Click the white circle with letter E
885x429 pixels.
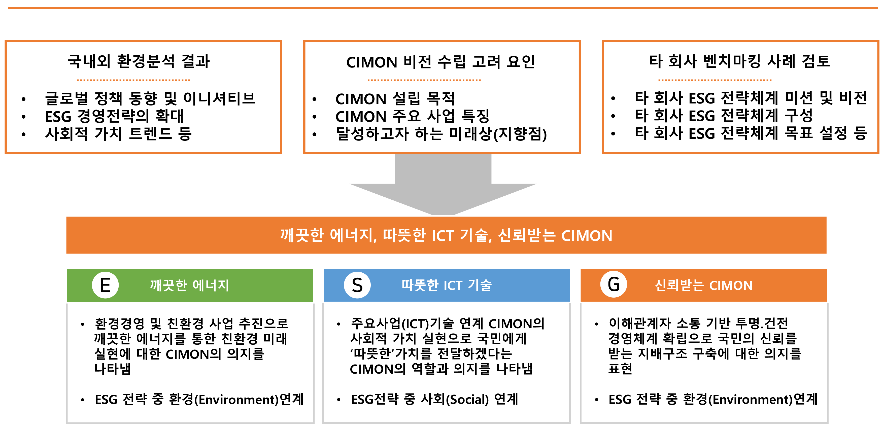point(105,285)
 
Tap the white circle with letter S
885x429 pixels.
point(357,285)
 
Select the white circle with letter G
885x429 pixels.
point(614,284)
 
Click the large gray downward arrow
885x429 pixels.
point(443,185)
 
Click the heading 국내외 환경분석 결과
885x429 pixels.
point(139,61)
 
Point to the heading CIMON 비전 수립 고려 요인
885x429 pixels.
point(440,62)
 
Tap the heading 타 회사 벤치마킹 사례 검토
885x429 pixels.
point(740,61)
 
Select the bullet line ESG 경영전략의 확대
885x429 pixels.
point(114,116)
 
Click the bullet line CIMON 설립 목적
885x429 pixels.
point(395,99)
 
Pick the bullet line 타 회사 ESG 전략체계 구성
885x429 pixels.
point(724,115)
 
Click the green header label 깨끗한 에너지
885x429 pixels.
point(189,285)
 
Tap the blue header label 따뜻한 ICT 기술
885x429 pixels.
point(447,285)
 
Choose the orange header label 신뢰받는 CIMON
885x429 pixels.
point(704,285)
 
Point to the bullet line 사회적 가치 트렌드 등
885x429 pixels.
point(118,134)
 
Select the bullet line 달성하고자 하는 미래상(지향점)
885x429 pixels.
point(441,134)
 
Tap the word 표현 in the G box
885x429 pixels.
point(620,369)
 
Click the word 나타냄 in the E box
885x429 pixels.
point(112,369)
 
